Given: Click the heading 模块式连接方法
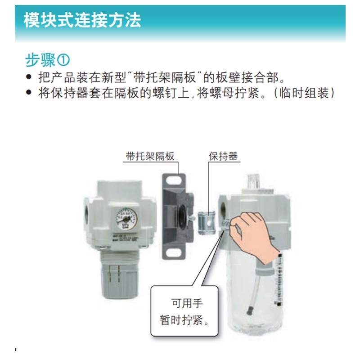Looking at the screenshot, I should pos(82,20).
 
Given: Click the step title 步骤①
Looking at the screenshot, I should pos(48,60).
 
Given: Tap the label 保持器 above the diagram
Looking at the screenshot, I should pos(223,156).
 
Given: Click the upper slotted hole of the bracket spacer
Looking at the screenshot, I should pos(172,182).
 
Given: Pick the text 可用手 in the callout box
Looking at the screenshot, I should pos(184,303).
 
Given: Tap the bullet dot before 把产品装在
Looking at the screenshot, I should pos(29,77).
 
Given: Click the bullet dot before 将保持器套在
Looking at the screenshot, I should pos(29,94).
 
